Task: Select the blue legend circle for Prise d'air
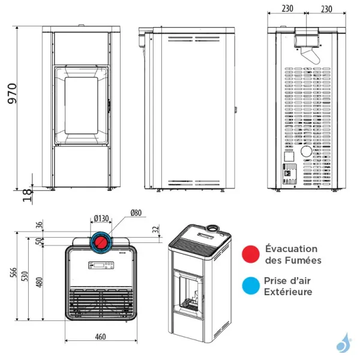click(x=251, y=286)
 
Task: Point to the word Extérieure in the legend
click(x=289, y=292)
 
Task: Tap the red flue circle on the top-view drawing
click(x=101, y=242)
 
